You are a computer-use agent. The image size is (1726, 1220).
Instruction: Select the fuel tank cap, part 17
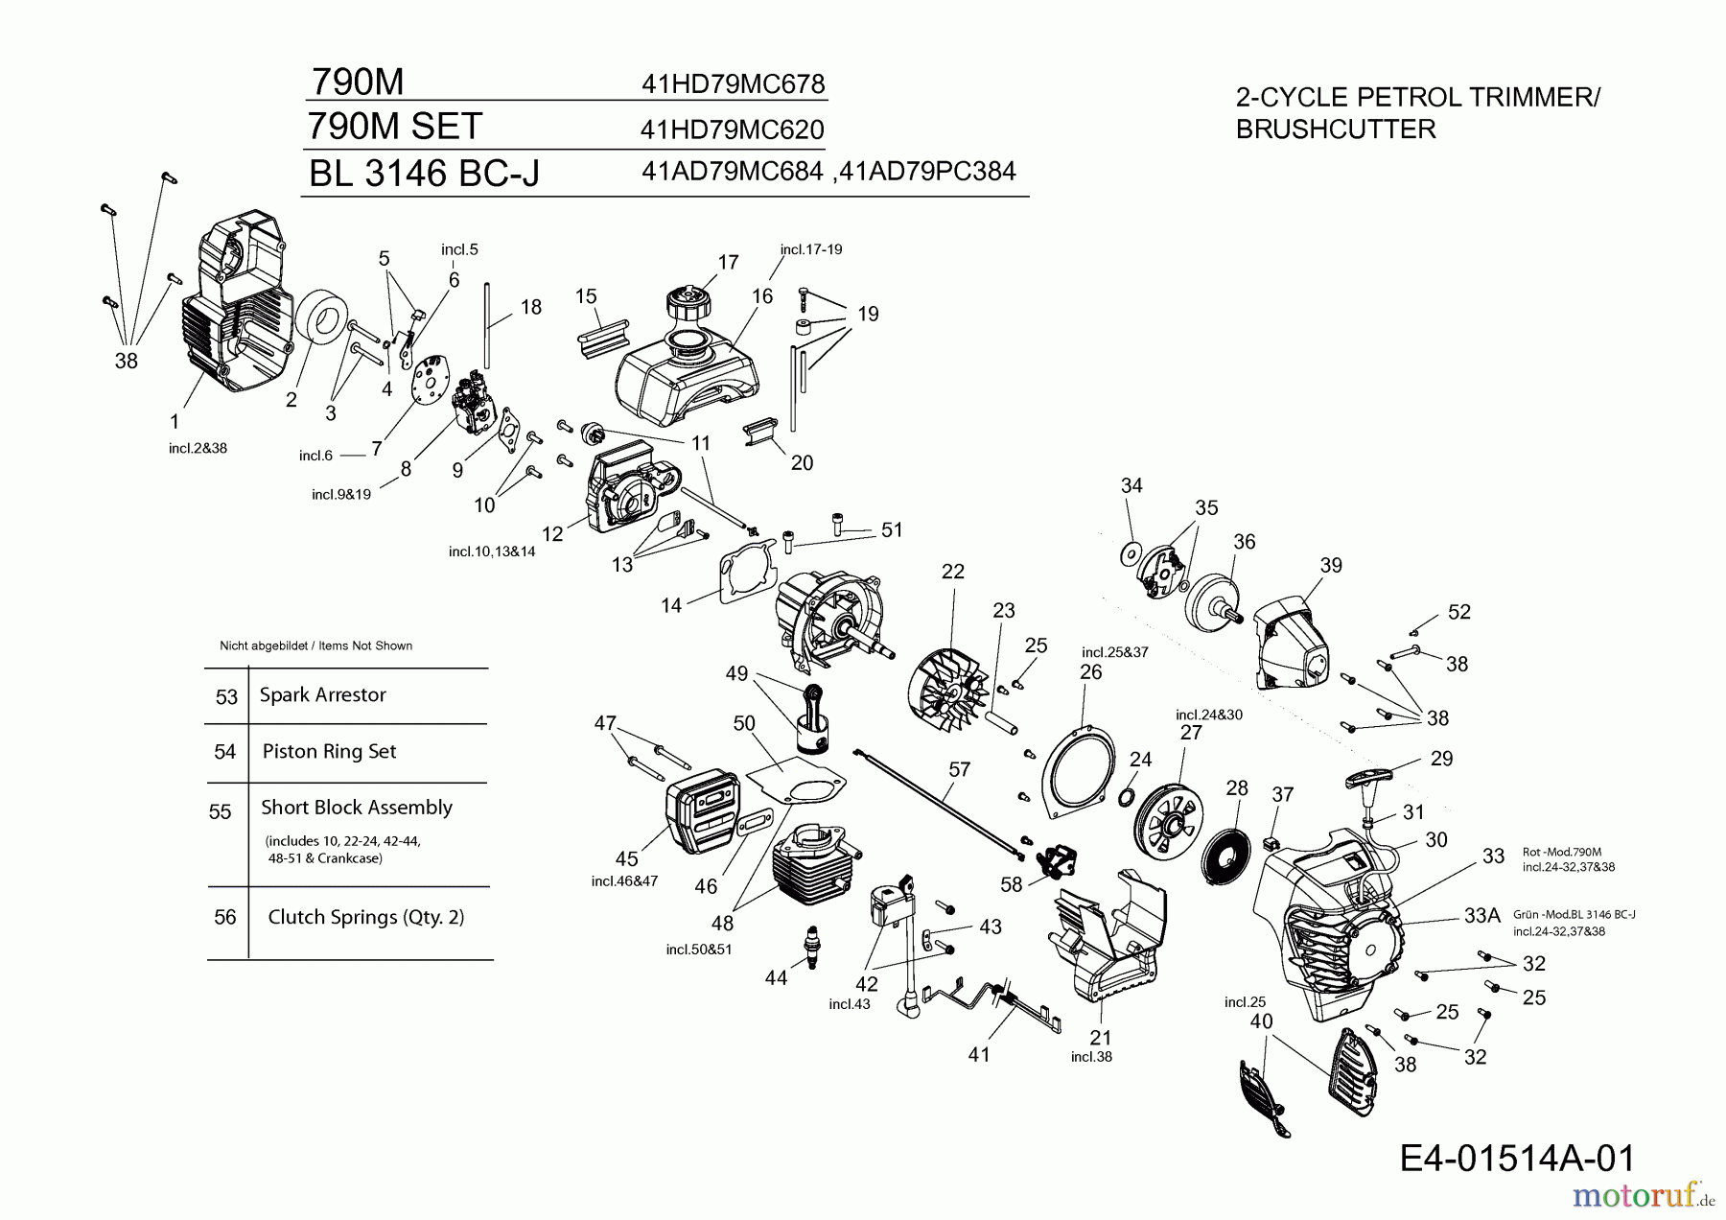688,308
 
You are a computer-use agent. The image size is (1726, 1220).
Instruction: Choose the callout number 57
959,769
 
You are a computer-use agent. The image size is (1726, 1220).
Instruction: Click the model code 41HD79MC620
732,129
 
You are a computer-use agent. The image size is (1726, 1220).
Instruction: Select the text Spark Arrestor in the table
322,695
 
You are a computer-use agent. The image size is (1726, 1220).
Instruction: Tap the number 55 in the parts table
221,812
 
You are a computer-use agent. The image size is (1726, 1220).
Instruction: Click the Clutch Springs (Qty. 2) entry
365,918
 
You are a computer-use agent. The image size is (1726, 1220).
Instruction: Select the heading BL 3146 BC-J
424,174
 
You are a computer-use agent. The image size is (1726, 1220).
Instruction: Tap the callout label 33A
1481,917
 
